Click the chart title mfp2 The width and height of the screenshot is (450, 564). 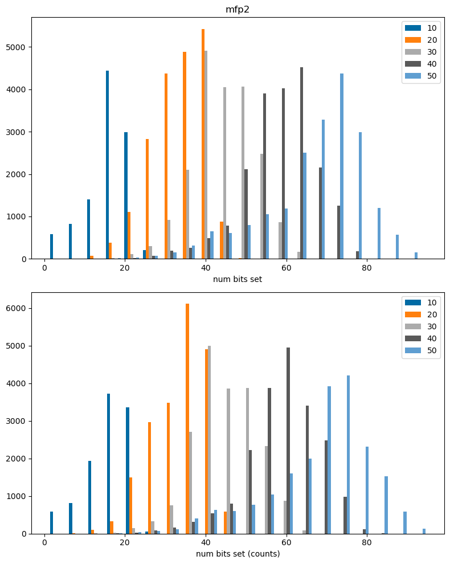pos(238,9)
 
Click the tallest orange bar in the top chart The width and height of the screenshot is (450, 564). pos(203,144)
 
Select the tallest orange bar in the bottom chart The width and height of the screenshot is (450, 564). pos(187,419)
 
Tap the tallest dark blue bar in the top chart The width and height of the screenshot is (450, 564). pos(107,165)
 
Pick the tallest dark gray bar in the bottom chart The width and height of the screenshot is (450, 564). pos(288,440)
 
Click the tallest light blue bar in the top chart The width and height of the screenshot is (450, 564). pos(342,166)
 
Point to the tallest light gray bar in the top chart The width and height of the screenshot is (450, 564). pos(206,154)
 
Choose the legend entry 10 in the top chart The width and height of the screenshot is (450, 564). pos(420,28)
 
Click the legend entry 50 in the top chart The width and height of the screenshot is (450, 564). pos(420,76)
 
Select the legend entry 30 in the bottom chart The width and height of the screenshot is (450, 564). pos(420,326)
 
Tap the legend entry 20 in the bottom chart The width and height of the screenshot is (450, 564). pos(420,314)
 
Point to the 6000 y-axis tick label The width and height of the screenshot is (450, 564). pos(16,309)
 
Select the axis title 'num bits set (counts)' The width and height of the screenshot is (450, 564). pos(238,554)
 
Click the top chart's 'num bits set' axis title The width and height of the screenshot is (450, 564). pos(238,279)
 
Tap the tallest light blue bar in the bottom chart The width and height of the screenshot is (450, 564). pos(348,455)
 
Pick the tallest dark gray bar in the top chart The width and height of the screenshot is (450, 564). pos(301,163)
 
